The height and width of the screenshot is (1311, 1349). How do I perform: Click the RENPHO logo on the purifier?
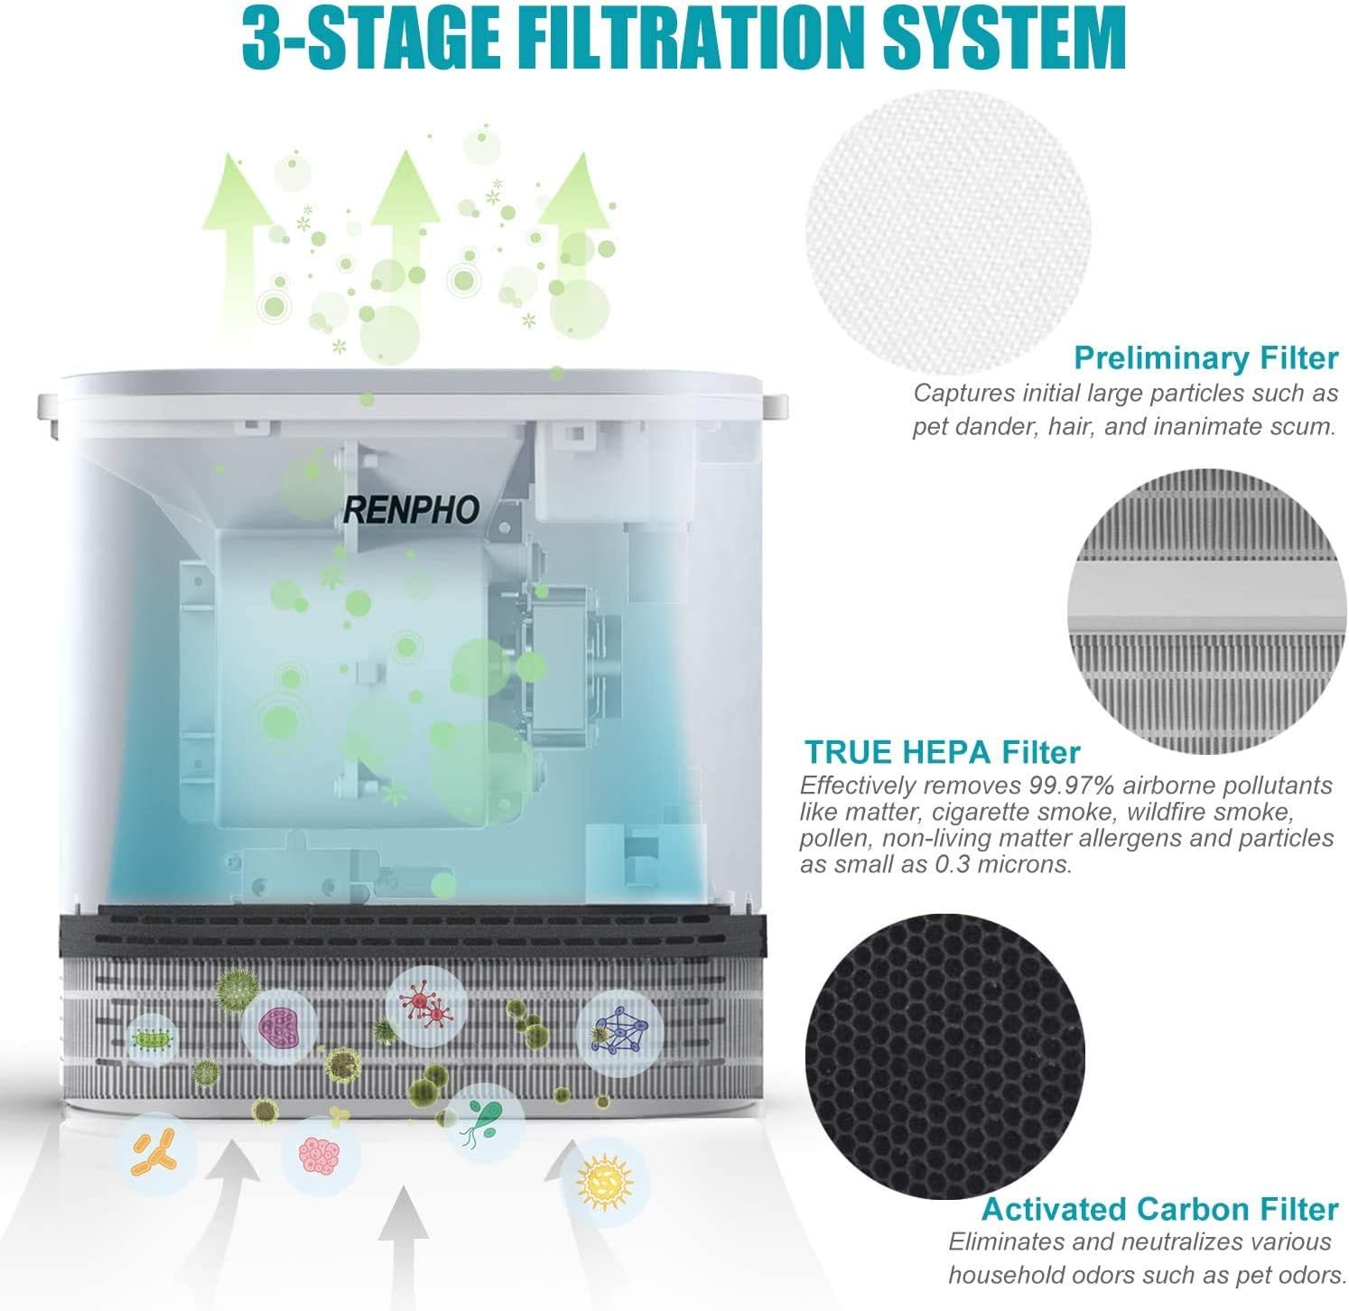pyautogui.click(x=411, y=510)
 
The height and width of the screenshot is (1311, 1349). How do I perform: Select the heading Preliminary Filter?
pyautogui.click(x=1205, y=358)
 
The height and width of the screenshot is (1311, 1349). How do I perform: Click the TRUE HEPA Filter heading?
pyautogui.click(x=942, y=752)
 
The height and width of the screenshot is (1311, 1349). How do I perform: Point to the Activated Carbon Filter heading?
pyautogui.click(x=1159, y=1209)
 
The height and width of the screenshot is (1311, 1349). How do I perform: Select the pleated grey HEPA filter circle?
pyautogui.click(x=1207, y=612)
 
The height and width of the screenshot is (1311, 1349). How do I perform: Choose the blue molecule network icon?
pyautogui.click(x=619, y=1028)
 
